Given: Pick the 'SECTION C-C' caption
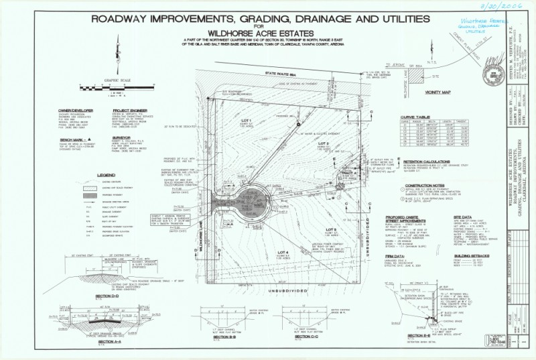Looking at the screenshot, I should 305,335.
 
